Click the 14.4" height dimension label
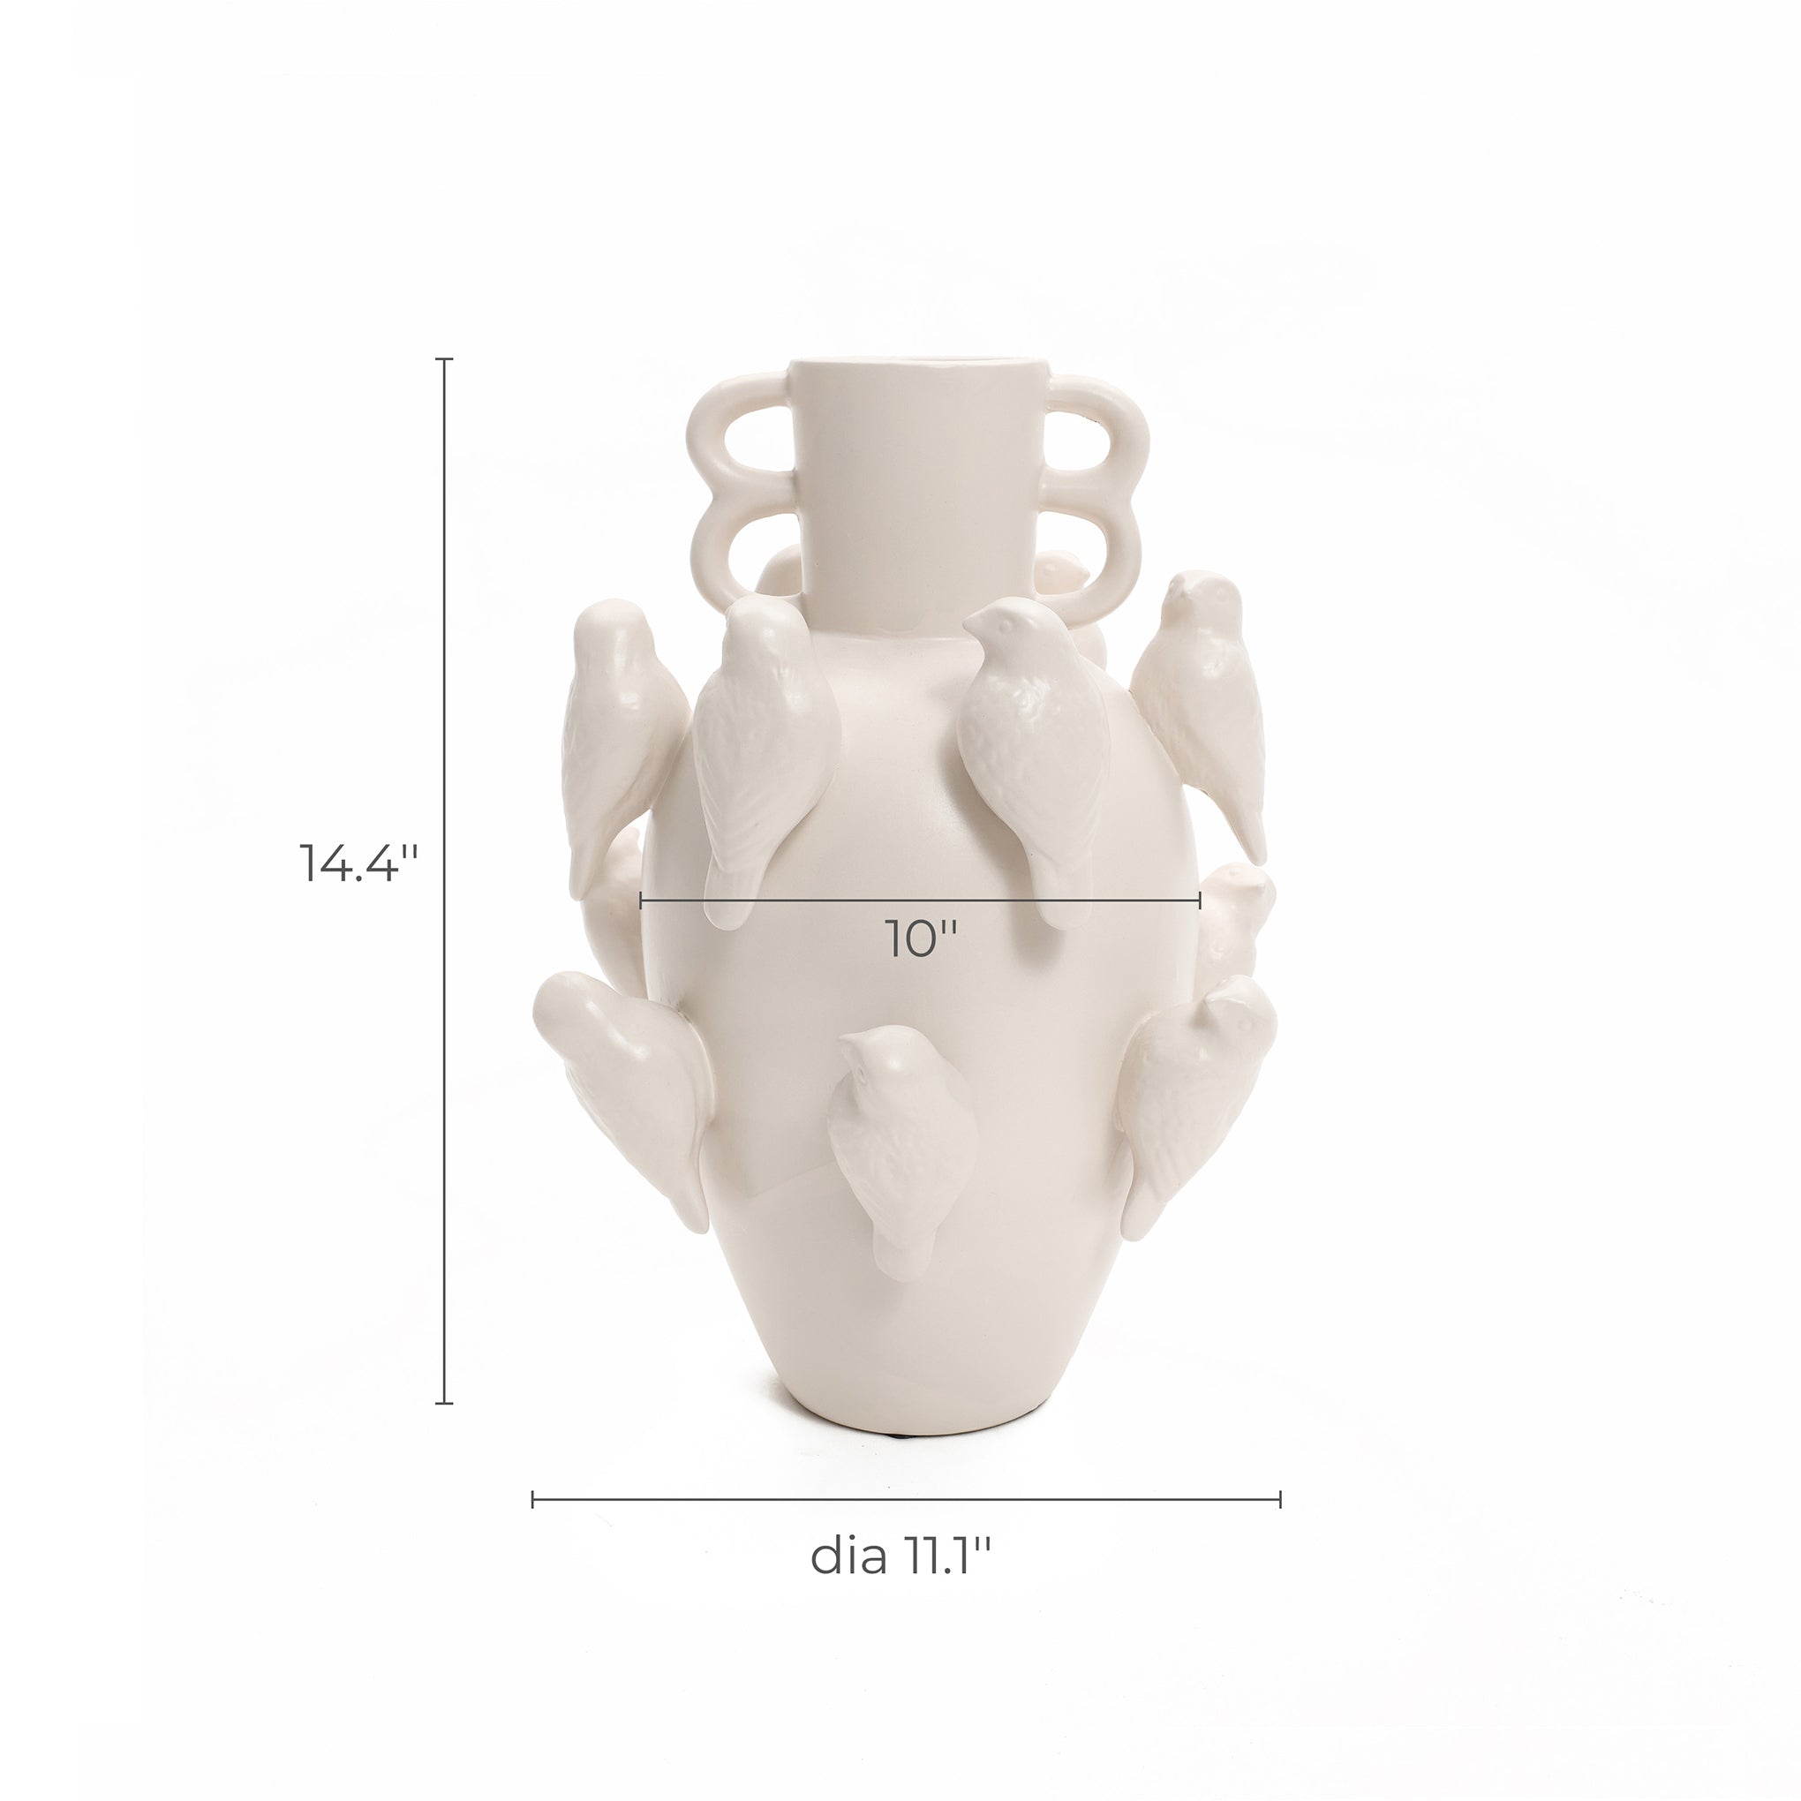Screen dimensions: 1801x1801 [x=355, y=863]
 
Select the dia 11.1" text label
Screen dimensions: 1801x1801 [x=901, y=1556]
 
